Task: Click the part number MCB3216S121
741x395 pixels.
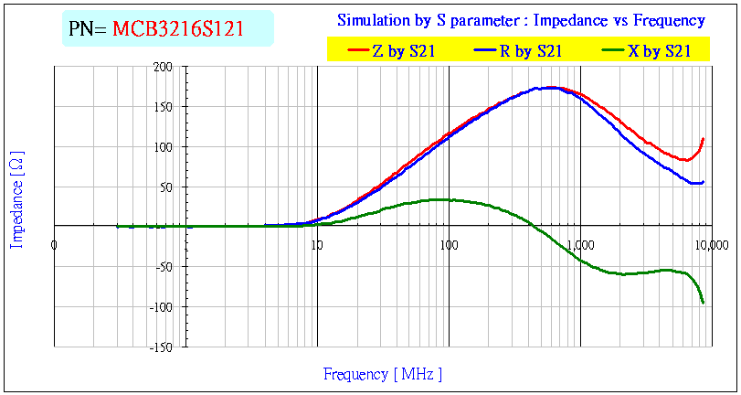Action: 178,28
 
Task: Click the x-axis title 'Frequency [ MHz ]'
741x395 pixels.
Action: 383,374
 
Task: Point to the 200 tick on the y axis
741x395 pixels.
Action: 164,67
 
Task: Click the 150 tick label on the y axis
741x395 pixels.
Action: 164,107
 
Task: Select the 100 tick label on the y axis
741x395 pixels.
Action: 164,147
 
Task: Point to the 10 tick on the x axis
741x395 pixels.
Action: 316,244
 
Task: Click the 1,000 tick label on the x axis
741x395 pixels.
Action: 580,244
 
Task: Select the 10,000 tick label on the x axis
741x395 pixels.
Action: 711,244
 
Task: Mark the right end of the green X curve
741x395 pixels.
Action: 704,303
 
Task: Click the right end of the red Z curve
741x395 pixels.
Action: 704,139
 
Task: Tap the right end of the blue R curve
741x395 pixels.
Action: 704,181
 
